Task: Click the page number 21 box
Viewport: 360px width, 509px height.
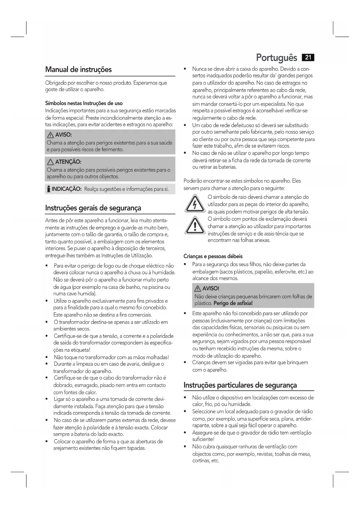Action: click(308, 57)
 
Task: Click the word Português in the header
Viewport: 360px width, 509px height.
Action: click(276, 58)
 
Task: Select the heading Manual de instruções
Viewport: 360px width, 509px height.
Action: click(78, 70)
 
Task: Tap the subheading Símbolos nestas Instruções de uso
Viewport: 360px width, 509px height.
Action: click(84, 103)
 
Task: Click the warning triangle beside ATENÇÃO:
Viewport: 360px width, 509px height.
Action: click(50, 162)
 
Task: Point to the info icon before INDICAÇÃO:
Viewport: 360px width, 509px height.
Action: click(48, 189)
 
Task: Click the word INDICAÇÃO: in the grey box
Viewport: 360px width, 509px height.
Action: click(66, 189)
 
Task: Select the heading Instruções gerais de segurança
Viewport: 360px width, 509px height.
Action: click(93, 208)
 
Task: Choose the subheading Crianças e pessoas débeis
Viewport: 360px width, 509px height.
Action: click(213, 256)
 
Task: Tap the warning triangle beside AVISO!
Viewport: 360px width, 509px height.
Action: click(198, 288)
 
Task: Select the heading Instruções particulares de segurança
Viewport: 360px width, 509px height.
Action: click(240, 385)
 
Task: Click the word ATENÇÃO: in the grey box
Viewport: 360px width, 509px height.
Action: click(68, 162)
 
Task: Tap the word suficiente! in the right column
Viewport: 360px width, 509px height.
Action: click(203, 439)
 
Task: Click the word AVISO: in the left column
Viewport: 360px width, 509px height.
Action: click(64, 135)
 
